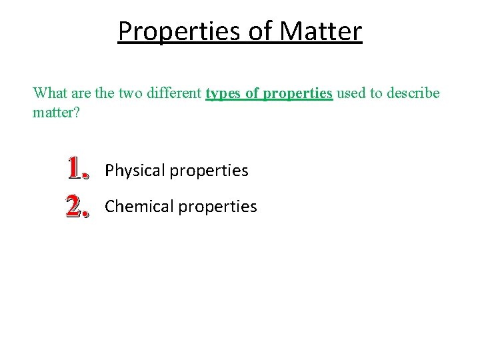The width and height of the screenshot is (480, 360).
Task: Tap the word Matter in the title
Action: point(321,31)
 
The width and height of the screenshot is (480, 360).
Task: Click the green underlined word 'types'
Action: point(225,93)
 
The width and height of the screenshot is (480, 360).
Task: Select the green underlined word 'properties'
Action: point(298,93)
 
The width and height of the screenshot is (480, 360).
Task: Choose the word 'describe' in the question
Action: point(413,93)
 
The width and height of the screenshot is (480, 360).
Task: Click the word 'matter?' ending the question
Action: point(56,112)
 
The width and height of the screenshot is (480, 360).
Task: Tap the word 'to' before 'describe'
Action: point(375,93)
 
